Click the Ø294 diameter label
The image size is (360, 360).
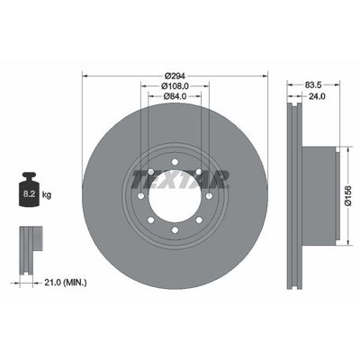coord(175,76)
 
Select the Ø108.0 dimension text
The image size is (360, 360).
coord(175,86)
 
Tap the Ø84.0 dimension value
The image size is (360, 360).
coord(175,96)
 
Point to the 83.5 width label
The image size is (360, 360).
coord(313,85)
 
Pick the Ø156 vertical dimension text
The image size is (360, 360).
coord(348,195)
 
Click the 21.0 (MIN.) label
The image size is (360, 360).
coord(66,283)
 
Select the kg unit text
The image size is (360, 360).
coord(47,195)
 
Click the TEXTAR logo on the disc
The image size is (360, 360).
coord(181,179)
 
